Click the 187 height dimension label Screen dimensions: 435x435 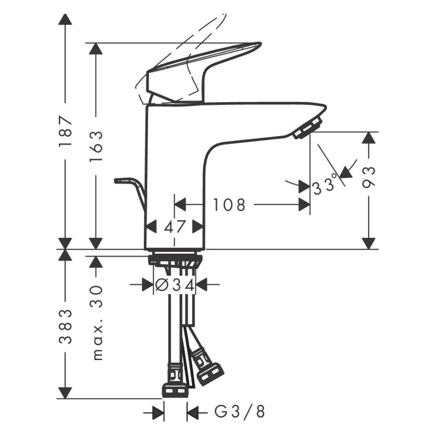click(x=65, y=131)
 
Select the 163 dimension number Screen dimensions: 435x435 click(x=96, y=147)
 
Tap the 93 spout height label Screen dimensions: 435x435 click(x=369, y=178)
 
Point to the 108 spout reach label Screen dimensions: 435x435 click(x=229, y=205)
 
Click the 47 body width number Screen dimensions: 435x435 click(x=174, y=226)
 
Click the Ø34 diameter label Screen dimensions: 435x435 click(x=174, y=285)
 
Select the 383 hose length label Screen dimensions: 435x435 click(x=65, y=327)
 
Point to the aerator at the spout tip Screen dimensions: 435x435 click(x=307, y=127)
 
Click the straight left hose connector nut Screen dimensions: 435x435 click(x=174, y=389)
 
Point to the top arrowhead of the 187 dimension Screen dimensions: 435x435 click(x=65, y=19)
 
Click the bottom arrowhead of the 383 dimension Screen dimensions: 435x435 click(x=65, y=393)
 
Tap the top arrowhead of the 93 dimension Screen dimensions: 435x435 click(x=369, y=138)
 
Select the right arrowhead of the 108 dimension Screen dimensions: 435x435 click(x=304, y=205)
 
